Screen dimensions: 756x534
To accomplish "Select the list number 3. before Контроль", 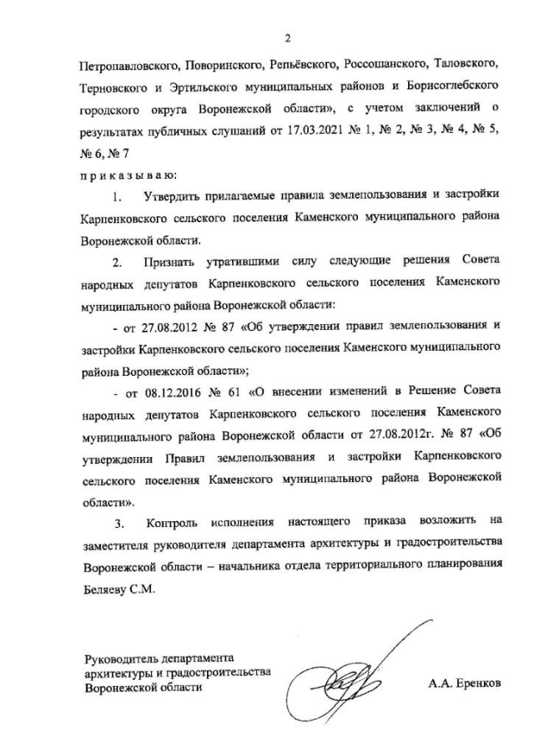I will (120, 524).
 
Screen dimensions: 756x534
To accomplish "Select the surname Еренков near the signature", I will (479, 683).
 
